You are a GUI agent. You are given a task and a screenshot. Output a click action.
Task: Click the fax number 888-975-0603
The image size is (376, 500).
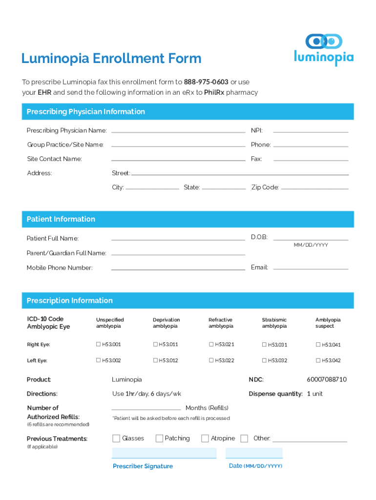(x=206, y=82)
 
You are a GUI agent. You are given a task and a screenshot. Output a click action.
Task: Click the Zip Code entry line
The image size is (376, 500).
(x=315, y=188)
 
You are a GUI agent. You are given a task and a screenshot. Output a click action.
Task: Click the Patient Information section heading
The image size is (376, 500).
(x=61, y=219)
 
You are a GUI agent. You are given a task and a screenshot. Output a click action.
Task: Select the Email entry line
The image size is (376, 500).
(x=311, y=268)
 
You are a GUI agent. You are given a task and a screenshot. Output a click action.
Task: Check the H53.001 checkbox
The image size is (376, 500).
(x=98, y=345)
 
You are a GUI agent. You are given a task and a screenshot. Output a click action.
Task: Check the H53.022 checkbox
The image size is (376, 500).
(x=211, y=360)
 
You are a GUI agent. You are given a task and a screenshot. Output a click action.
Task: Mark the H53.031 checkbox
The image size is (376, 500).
(x=264, y=345)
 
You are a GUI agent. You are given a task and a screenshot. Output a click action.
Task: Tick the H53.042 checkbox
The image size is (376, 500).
(x=317, y=360)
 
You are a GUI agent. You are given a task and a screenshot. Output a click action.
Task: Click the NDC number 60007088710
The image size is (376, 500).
(x=327, y=379)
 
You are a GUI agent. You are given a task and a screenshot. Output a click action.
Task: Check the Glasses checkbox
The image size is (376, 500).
(x=116, y=438)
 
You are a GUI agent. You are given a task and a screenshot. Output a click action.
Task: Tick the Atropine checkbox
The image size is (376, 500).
(x=205, y=438)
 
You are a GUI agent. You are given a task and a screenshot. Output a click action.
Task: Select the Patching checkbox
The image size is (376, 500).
(x=159, y=438)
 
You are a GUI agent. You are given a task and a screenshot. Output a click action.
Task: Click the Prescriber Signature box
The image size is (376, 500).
(x=164, y=453)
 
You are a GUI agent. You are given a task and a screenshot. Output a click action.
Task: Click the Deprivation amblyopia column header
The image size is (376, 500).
(x=166, y=323)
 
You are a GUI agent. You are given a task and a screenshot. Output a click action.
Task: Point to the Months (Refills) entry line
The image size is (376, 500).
(x=146, y=409)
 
